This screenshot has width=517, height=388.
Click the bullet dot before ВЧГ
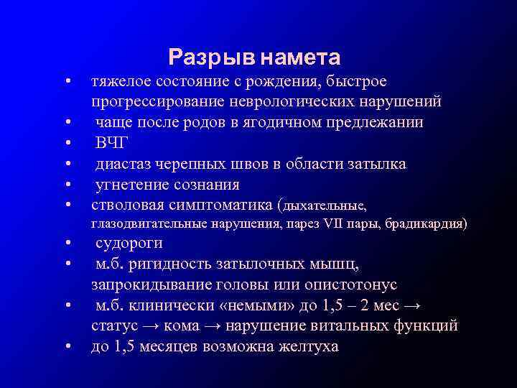(66, 144)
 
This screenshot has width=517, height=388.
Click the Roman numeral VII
(327, 224)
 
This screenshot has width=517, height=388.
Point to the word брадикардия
(426, 224)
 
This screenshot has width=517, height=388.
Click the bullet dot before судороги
(66, 244)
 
